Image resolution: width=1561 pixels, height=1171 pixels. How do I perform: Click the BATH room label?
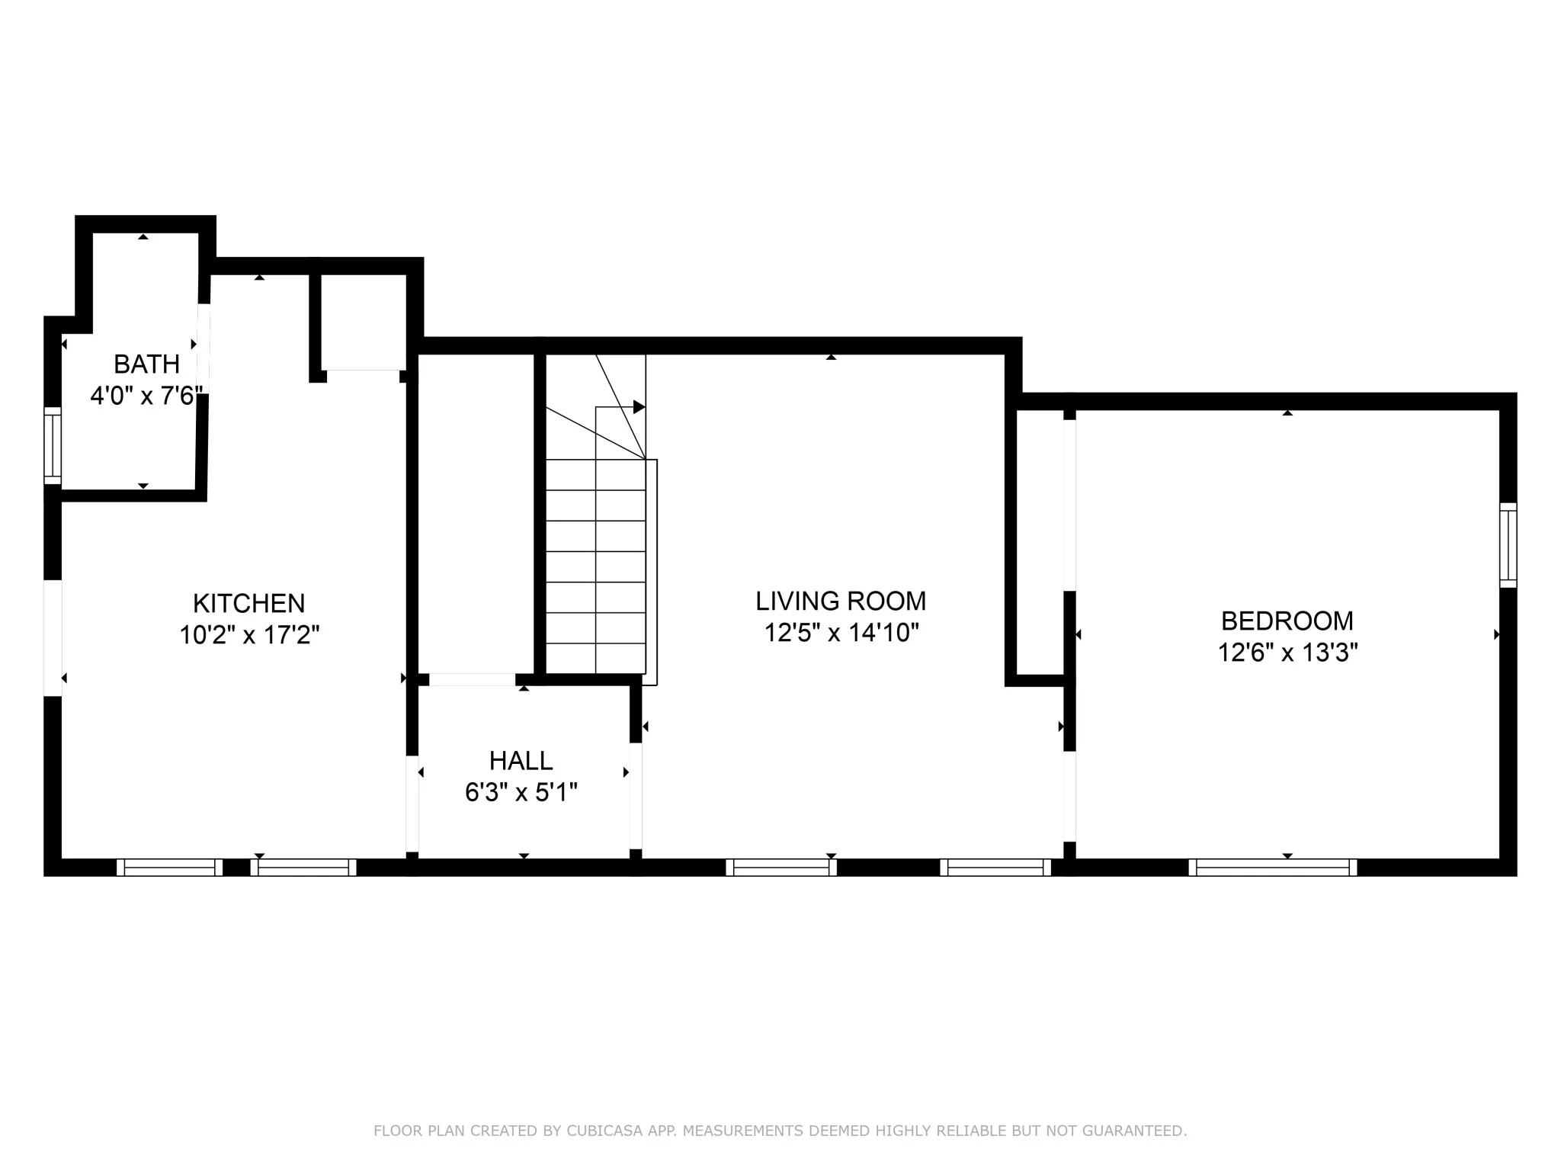click(146, 364)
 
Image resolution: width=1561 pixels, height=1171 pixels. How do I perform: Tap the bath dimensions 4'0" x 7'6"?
click(146, 396)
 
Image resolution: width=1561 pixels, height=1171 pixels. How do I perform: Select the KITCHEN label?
click(248, 604)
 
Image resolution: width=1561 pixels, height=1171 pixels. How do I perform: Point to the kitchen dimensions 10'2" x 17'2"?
click(248, 635)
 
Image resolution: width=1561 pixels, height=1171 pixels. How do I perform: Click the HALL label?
click(521, 761)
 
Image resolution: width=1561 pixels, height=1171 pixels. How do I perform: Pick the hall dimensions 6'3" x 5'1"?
click(521, 793)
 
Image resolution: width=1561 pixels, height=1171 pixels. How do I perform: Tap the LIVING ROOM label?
click(841, 602)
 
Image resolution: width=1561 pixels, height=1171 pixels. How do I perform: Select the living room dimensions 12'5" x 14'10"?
click(841, 633)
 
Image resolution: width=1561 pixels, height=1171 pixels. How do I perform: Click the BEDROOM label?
click(1287, 621)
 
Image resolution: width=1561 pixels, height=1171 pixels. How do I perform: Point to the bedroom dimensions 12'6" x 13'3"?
click(1287, 653)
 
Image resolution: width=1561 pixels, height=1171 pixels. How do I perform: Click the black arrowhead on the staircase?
click(639, 407)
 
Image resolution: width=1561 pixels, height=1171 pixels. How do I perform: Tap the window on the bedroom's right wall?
click(1508, 545)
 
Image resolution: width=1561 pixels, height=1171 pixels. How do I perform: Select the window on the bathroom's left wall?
click(52, 445)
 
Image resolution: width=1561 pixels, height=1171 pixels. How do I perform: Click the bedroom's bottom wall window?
click(1272, 868)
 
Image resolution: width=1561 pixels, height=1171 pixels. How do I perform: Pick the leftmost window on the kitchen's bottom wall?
click(169, 868)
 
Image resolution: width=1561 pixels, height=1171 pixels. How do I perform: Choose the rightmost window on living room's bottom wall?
click(995, 868)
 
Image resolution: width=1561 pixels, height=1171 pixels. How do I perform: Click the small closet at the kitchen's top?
click(363, 322)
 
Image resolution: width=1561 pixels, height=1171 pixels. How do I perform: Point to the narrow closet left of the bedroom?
click(1040, 541)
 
